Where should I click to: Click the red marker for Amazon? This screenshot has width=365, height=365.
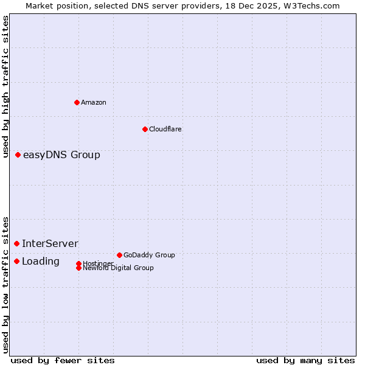pos(77,102)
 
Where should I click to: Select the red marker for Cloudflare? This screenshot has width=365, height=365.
pos(145,129)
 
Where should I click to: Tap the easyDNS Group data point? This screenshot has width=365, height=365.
pos(18,155)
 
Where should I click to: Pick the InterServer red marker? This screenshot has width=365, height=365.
pos(17,243)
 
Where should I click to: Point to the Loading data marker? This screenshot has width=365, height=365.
pos(17,261)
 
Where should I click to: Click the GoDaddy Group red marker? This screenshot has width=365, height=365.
pos(119,255)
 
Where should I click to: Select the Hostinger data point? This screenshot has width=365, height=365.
pos(78,263)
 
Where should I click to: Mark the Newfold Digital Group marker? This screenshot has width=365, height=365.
pos(78,268)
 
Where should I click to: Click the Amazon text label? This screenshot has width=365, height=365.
pos(94,102)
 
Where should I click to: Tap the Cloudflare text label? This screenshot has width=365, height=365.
pos(165,129)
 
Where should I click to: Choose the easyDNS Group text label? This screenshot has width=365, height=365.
pos(61,155)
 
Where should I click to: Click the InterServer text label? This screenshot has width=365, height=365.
pos(50,244)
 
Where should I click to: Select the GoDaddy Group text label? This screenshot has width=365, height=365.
pos(149,255)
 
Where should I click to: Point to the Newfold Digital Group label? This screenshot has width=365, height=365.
pos(118,268)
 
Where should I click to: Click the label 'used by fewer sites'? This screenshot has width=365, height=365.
pos(63,361)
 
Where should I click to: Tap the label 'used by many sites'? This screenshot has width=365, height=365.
pos(305,361)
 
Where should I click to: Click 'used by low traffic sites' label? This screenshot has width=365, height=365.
pos(6,284)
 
